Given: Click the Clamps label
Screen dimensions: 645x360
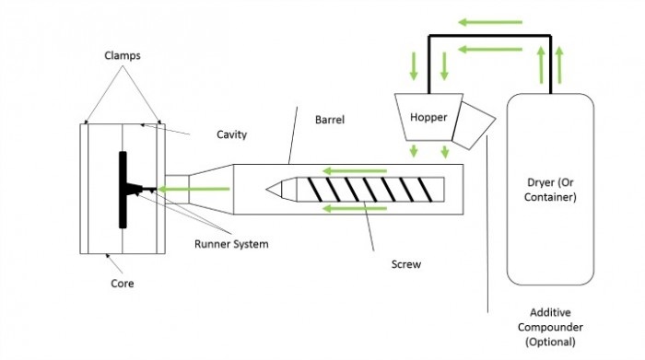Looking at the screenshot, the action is tap(123, 55).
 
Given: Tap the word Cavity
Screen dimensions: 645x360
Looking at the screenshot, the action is tap(231, 134).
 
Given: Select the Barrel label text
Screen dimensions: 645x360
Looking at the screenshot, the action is tap(330, 120).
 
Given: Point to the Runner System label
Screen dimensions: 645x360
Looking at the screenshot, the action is tap(231, 244).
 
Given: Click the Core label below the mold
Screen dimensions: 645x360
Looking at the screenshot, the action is tap(123, 284).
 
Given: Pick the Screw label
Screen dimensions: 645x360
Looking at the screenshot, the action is tap(406, 264).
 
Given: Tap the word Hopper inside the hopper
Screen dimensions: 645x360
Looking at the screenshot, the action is tap(428, 118).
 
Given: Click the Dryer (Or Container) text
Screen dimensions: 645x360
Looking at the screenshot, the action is tap(550, 190).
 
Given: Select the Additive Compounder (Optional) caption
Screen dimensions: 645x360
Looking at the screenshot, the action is tap(550, 327).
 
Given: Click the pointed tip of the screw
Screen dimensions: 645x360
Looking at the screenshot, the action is tap(266, 190).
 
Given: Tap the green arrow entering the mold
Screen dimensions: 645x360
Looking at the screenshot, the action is tap(193, 189).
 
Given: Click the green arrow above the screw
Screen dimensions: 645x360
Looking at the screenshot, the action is tap(355, 171).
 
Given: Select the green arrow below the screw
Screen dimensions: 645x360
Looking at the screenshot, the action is tap(355, 208).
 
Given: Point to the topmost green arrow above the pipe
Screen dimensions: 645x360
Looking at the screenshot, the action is tap(490, 22).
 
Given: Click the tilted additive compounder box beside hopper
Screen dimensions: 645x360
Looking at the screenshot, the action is tap(474, 125).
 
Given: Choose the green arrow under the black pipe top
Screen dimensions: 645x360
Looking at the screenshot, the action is tap(490, 50).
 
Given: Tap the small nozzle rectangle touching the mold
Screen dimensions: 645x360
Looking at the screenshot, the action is tap(177, 189).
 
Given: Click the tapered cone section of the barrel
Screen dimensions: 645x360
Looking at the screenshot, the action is tap(211, 189).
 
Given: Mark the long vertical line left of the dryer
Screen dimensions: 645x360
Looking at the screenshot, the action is tap(487, 224).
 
